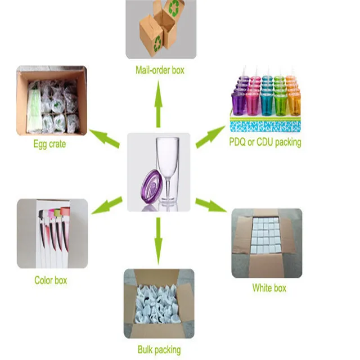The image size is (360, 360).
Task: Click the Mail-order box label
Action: click(x=160, y=70)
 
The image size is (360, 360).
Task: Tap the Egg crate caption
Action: click(x=49, y=145)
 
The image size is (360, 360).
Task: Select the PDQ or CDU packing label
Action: click(x=265, y=142)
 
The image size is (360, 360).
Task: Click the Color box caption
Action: click(x=51, y=280)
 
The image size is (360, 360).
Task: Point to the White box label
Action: click(x=269, y=288)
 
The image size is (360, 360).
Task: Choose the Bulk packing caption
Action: click(x=159, y=349)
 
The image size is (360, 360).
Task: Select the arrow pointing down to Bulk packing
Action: click(x=159, y=240)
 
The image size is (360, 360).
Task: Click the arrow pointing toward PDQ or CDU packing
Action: click(x=210, y=137)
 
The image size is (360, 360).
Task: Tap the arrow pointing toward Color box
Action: click(x=106, y=205)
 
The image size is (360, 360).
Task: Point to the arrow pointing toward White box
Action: click(x=211, y=205)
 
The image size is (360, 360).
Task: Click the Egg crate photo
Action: click(x=52, y=101)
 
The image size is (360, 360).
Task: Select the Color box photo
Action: click(x=52, y=233)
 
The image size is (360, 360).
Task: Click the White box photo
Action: click(x=267, y=243)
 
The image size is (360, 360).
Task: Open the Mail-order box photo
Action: click(x=161, y=29)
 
